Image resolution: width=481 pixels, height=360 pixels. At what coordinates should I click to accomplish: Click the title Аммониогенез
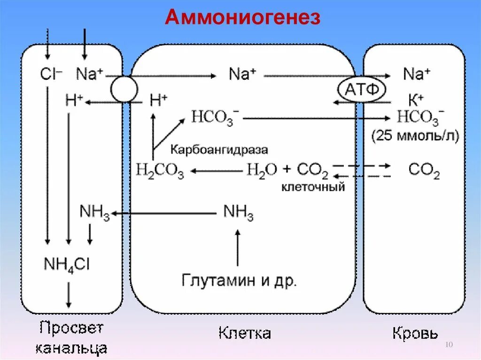pyautogui.click(x=243, y=18)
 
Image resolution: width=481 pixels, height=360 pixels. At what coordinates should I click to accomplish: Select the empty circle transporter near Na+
pyautogui.click(x=124, y=88)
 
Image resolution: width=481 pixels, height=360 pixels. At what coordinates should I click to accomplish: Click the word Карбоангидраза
pyautogui.click(x=219, y=150)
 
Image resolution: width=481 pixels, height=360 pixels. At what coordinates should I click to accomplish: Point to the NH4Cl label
pyautogui.click(x=67, y=264)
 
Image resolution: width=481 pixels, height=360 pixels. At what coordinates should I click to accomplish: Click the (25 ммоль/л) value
pyautogui.click(x=416, y=136)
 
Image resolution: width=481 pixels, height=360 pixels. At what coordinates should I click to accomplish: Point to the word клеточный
pyautogui.click(x=313, y=187)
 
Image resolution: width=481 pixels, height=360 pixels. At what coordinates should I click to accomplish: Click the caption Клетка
pyautogui.click(x=245, y=333)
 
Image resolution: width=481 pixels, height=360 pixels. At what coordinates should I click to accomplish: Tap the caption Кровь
pyautogui.click(x=415, y=333)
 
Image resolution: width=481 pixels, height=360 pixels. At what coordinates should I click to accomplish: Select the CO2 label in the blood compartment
pyautogui.click(x=424, y=171)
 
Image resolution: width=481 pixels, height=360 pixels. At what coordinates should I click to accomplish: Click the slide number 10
pyautogui.click(x=448, y=345)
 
